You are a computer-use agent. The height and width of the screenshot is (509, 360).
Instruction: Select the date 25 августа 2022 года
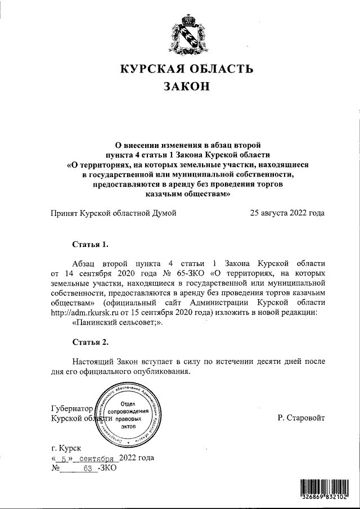click(x=287, y=213)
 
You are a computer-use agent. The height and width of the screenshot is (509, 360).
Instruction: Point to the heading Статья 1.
click(x=90, y=244)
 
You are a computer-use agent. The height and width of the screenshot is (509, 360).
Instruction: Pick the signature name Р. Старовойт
click(x=301, y=418)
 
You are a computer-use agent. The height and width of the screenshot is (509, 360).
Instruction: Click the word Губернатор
click(x=71, y=408)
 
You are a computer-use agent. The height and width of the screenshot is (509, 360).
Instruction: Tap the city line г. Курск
click(x=66, y=448)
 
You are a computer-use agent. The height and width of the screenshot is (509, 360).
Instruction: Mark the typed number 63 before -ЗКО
click(x=87, y=468)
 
